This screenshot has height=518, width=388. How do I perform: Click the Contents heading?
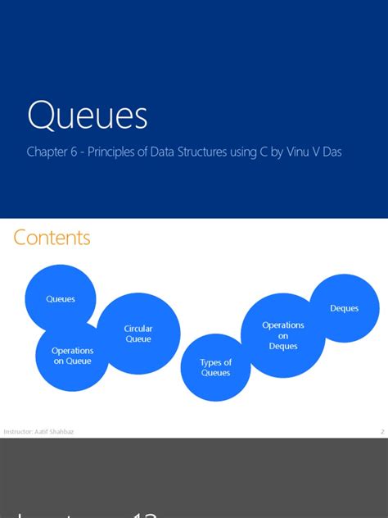coord(52,238)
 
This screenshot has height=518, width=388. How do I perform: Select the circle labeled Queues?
coord(61,299)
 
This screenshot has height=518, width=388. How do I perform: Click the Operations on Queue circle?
coord(72,356)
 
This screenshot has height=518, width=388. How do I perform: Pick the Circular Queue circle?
coord(138,334)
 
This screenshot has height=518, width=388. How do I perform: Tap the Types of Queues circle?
coord(216,367)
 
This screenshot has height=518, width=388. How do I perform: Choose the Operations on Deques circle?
coord(283,335)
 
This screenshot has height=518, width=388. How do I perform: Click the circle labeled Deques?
coord(344,308)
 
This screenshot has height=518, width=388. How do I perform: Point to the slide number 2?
coord(382,431)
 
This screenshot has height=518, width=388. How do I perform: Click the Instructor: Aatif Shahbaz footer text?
coord(38,431)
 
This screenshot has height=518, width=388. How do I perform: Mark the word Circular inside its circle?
coord(138,329)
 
